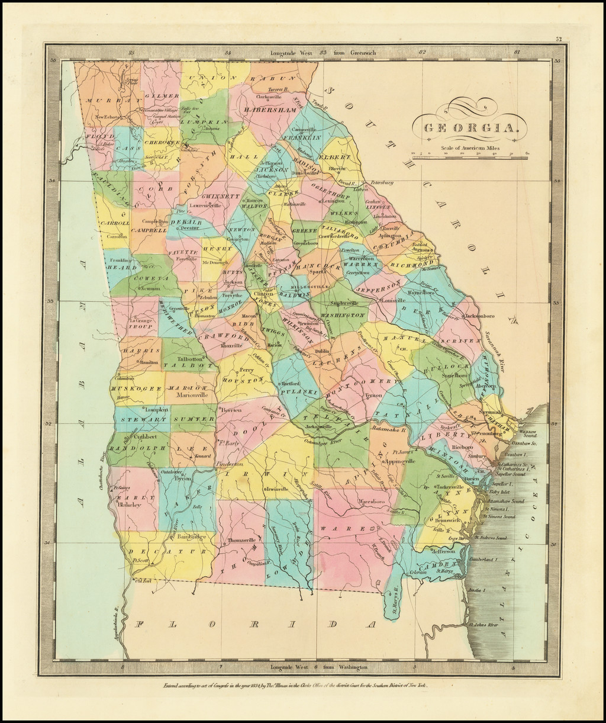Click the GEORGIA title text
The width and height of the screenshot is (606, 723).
[471, 128]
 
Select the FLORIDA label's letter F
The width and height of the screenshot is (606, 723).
[140, 624]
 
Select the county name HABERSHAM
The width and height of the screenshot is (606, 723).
[268, 110]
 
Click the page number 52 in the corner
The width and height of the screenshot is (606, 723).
[558, 39]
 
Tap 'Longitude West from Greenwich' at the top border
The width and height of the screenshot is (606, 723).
[323, 53]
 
